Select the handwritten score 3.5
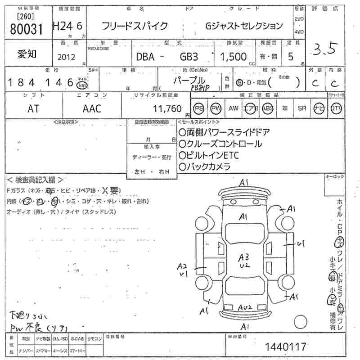tap(324, 49)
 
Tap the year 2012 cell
tap(67, 57)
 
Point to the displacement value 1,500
tap(233, 57)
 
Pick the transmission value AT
tap(33, 108)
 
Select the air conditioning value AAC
tap(92, 108)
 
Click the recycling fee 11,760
tap(167, 108)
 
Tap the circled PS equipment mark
tap(198, 108)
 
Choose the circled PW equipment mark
tap(216, 108)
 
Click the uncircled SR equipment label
tap(302, 108)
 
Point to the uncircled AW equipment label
tap(233, 108)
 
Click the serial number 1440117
tap(286, 346)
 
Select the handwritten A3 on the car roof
tap(244, 257)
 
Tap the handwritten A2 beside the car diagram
tap(182, 266)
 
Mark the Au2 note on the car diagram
tap(245, 307)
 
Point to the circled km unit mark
tap(82, 84)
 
